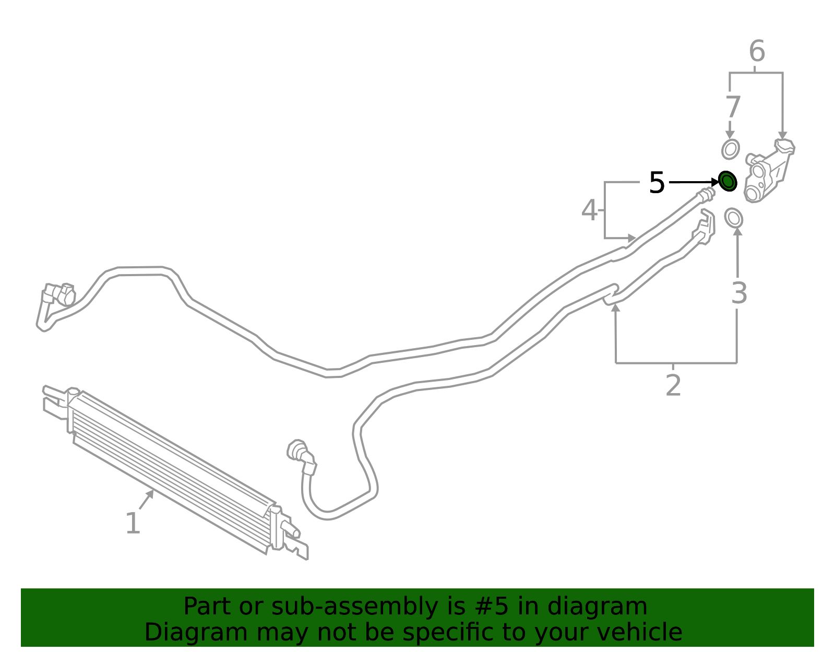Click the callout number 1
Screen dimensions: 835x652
click(x=133, y=523)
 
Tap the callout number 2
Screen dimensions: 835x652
click(x=673, y=385)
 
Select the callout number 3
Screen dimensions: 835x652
click(x=739, y=293)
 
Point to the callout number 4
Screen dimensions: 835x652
click(x=589, y=210)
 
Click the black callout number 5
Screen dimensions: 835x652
click(x=657, y=183)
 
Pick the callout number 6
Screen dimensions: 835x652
click(x=757, y=51)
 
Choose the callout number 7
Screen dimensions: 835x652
click(x=733, y=107)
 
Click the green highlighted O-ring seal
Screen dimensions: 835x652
click(x=727, y=181)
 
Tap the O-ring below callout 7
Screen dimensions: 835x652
click(x=731, y=149)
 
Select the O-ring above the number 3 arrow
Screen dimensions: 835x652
click(x=734, y=218)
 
